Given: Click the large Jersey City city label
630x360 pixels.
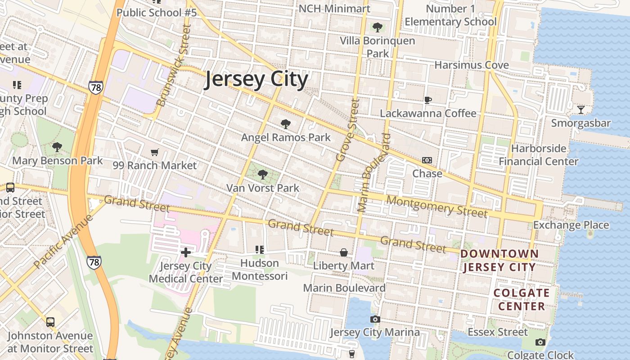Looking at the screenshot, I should pyautogui.click(x=256, y=80).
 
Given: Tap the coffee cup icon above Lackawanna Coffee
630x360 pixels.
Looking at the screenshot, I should pyautogui.click(x=427, y=100).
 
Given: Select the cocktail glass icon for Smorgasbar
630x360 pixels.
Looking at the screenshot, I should pyautogui.click(x=581, y=109).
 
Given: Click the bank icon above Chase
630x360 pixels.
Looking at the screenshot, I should pyautogui.click(x=427, y=160).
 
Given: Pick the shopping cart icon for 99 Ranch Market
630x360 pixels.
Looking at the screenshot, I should pyautogui.click(x=155, y=152).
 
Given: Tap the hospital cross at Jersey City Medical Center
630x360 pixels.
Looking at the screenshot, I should pyautogui.click(x=185, y=252).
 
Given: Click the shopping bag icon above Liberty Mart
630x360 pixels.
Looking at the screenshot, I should pyautogui.click(x=344, y=252).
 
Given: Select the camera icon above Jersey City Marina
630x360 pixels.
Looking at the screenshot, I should pyautogui.click(x=375, y=319).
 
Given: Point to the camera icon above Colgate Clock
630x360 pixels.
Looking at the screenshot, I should pyautogui.click(x=540, y=342).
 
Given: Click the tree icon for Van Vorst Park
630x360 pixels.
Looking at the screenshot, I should pyautogui.click(x=263, y=174).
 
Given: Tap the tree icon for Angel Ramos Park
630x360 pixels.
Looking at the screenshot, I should pyautogui.click(x=285, y=124).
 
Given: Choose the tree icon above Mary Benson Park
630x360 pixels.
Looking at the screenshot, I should pyautogui.click(x=57, y=147).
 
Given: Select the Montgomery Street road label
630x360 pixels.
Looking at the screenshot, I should pyautogui.click(x=436, y=206).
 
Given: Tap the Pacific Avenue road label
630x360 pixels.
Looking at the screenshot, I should pyautogui.click(x=63, y=241).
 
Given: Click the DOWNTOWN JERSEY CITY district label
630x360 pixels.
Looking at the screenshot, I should pyautogui.click(x=499, y=261).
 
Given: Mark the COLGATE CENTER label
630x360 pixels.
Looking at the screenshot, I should pyautogui.click(x=522, y=300).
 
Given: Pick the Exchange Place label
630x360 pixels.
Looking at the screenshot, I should pyautogui.click(x=571, y=225).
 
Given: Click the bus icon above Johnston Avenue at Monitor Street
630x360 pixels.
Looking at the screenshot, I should pyautogui.click(x=50, y=322).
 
